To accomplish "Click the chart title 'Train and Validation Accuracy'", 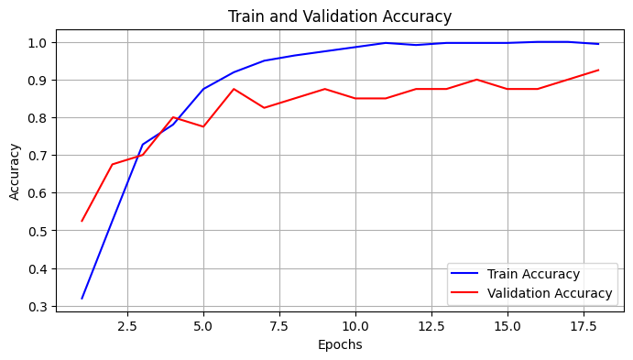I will point(339,16).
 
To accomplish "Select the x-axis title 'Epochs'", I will point(339,345).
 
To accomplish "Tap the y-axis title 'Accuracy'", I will point(15,171).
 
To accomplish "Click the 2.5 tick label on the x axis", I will point(127,325).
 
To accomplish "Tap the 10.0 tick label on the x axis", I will point(355,325).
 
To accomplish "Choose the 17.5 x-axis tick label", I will point(583,325).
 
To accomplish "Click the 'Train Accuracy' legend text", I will point(533,274).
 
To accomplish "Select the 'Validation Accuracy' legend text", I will point(550,293).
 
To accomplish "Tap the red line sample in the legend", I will point(467,293).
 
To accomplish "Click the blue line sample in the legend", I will point(467,274).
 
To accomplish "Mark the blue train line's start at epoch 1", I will point(82,299).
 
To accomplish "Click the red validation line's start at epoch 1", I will point(82,221).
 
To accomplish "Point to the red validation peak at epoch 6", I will point(234,89).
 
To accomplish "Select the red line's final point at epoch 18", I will point(598,70).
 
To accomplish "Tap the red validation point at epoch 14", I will point(476,80).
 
